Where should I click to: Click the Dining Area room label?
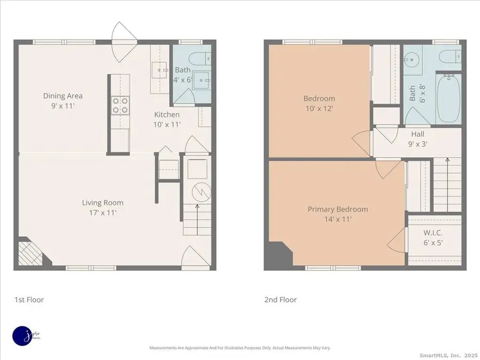point(63,96)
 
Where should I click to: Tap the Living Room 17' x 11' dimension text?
point(102,212)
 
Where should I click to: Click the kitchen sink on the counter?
point(159,68)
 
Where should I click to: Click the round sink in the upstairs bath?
point(410,59)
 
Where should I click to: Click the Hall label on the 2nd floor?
point(418,134)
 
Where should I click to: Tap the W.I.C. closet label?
point(433,233)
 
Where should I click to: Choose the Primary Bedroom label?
point(338,209)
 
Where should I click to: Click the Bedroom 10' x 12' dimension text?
point(319,108)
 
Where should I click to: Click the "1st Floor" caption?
point(29,300)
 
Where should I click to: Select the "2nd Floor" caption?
point(281,300)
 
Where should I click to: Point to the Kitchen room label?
point(167,115)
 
